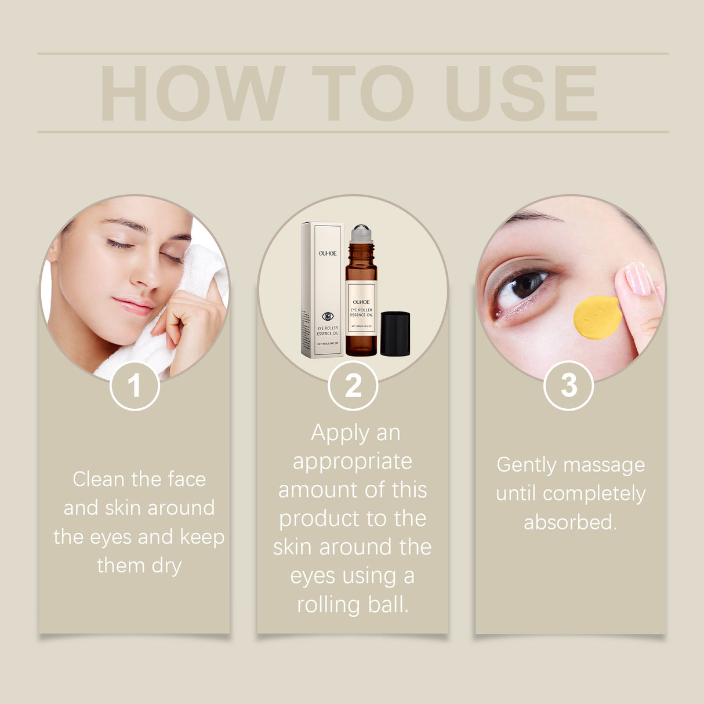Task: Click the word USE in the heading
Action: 521,93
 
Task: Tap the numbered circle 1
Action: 135,386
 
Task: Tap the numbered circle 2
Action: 353,386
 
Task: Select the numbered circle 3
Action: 568,386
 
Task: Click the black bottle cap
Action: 395,333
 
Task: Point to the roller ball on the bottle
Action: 361,231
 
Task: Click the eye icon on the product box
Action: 328,316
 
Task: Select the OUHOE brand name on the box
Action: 327,253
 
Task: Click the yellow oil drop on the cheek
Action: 597,317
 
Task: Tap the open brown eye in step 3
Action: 525,285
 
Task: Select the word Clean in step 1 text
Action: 99,480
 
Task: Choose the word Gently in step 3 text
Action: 527,465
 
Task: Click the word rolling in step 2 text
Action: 328,605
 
